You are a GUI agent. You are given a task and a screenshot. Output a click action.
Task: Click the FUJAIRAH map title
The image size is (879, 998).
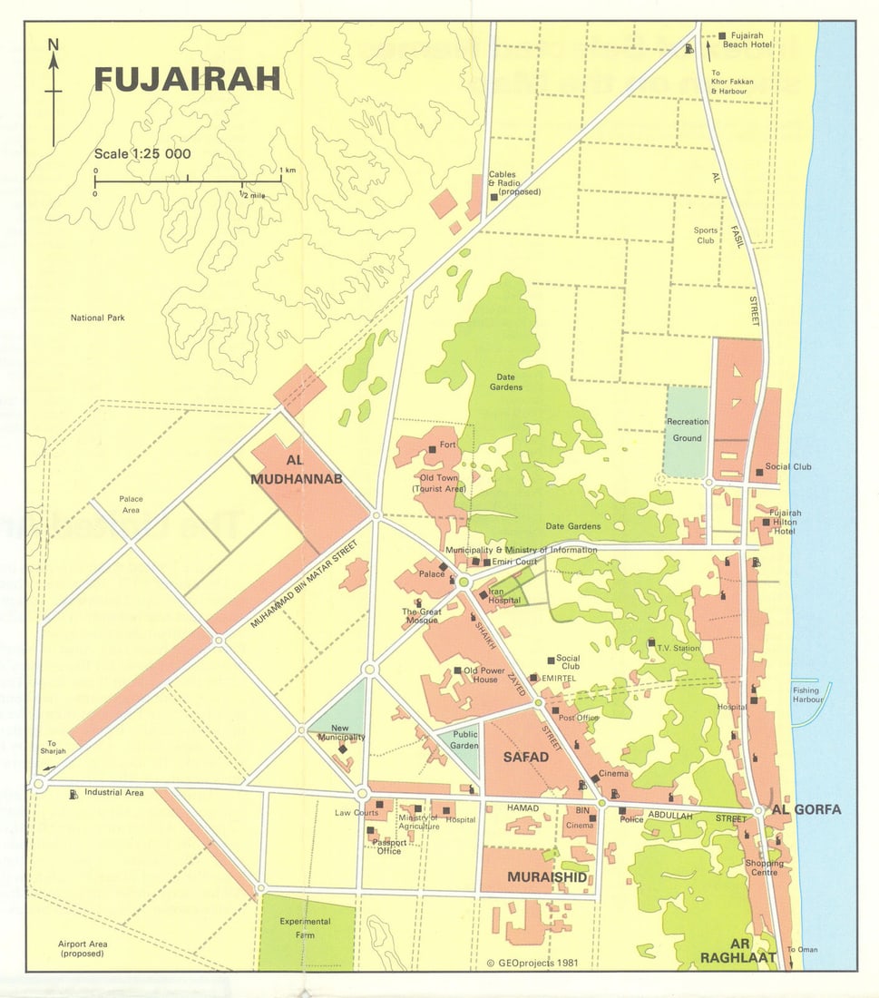[x=187, y=79]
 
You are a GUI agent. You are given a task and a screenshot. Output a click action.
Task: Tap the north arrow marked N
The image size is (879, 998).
[x=54, y=91]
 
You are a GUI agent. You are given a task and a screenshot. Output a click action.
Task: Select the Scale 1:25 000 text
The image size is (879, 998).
[x=142, y=154]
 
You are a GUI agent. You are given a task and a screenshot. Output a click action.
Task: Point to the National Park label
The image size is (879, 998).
[x=97, y=318]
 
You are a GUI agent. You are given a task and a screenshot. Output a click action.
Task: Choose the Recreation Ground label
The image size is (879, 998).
[x=688, y=430]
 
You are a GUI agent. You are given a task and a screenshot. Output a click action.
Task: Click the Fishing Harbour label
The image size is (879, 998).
[x=806, y=696]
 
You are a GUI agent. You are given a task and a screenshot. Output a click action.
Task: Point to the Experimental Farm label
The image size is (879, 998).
[x=305, y=927]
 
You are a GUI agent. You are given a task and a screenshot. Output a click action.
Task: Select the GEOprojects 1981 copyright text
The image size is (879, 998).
[x=532, y=964]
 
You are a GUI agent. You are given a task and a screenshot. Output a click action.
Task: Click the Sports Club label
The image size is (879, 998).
[x=706, y=236]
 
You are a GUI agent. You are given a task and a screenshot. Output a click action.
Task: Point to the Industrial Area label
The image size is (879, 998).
[x=114, y=793]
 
